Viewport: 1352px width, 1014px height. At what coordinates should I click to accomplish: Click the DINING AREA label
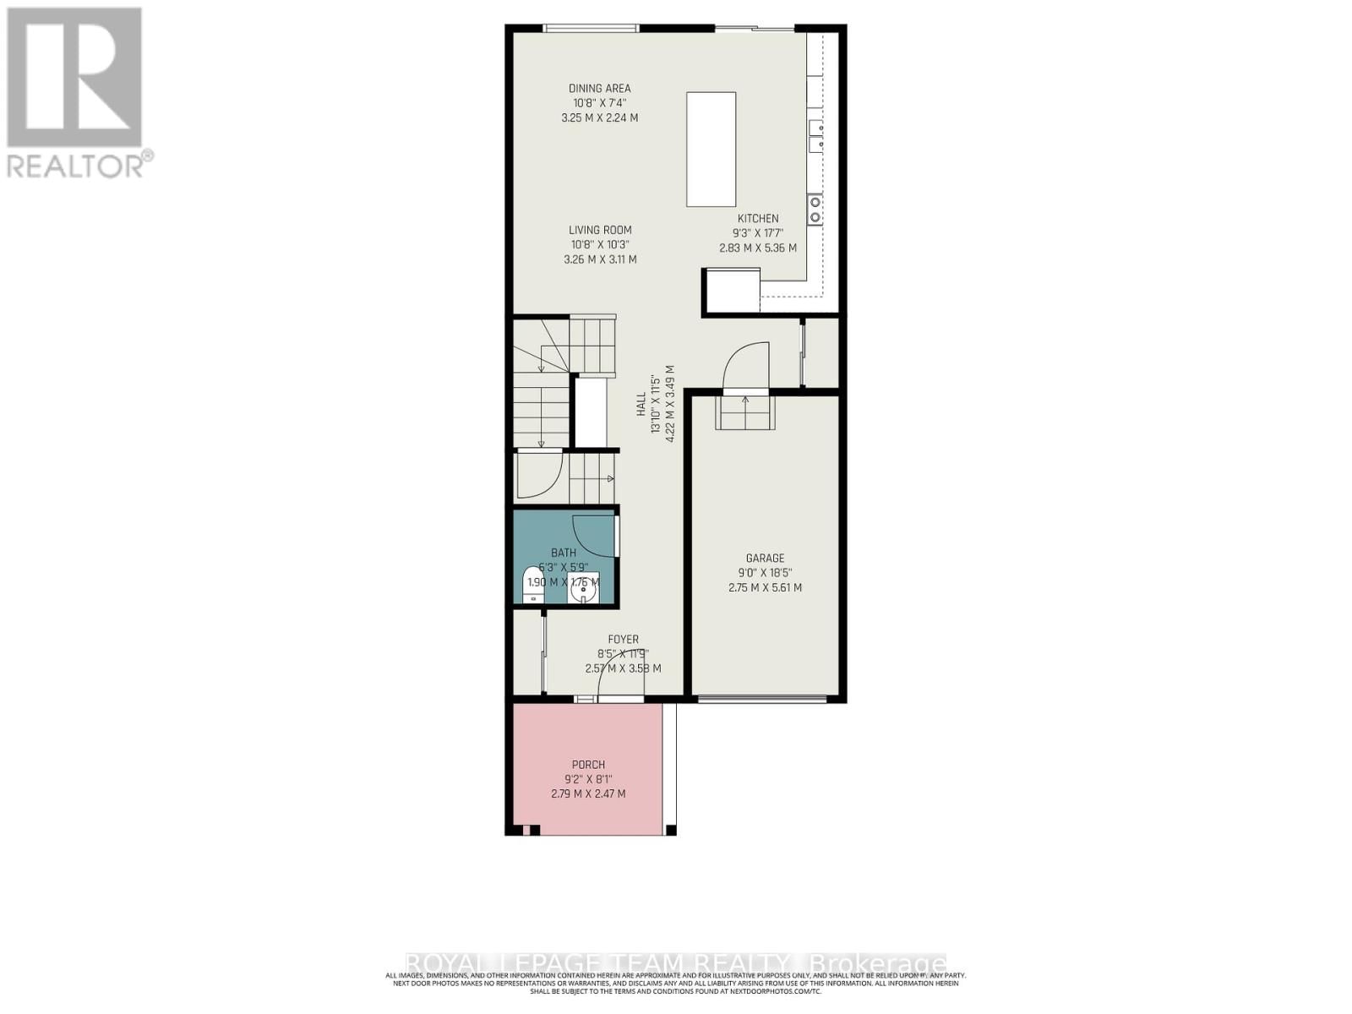599,89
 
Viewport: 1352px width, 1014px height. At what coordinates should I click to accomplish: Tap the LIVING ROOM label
600,230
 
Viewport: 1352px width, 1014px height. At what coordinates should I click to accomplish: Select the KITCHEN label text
758,218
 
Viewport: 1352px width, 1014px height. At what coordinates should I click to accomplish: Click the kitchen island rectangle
711,149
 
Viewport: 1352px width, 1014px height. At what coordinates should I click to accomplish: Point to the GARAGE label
765,558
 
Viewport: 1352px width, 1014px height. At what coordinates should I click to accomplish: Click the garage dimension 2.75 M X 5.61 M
765,587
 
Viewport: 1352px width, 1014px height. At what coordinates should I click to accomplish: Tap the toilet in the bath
533,584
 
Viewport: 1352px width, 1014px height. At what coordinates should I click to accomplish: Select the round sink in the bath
583,590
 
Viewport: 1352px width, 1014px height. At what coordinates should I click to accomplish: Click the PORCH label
587,765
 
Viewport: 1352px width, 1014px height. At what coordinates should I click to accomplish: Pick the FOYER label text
624,640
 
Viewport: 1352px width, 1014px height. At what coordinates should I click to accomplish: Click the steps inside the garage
745,412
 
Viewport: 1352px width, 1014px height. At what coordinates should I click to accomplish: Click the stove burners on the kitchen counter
815,209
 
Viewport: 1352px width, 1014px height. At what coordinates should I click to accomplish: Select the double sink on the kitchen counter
815,136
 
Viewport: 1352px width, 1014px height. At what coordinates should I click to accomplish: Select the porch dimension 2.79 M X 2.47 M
588,793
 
